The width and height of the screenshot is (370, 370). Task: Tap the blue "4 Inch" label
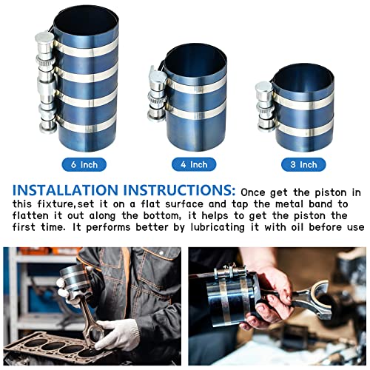[193, 164]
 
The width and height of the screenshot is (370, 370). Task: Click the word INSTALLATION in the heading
[60, 190]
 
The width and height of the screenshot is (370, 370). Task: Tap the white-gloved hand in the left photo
[118, 333]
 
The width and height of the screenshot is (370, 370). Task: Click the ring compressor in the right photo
[235, 300]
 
